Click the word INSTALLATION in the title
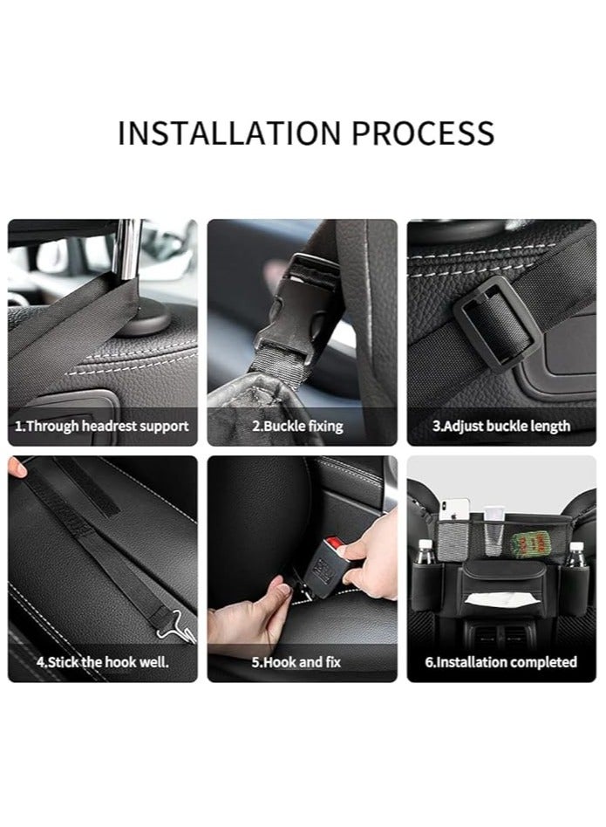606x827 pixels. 229,133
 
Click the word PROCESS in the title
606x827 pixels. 423,133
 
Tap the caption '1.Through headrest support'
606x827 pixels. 102,427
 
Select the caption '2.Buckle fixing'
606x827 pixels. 297,427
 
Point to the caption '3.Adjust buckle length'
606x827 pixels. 501,427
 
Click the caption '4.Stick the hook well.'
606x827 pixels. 102,662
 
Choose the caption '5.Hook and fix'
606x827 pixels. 296,662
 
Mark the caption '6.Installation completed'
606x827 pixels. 500,662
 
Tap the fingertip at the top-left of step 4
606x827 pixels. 17,468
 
